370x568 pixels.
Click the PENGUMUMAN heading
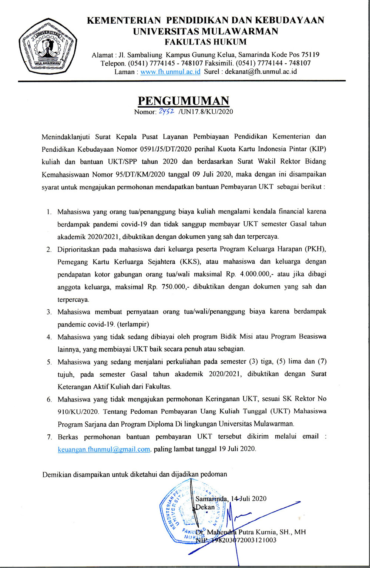[x=184, y=101]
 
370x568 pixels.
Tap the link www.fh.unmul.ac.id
[x=171, y=72]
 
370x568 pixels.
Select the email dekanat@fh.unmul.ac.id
[x=261, y=72]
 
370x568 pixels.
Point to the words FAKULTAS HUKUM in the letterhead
[x=205, y=42]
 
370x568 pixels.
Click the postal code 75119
[x=307, y=55]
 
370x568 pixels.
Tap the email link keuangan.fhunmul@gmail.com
[x=104, y=449]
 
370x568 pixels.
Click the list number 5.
[x=49, y=362]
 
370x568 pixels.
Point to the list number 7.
[x=49, y=437]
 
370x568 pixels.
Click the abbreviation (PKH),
[x=316, y=249]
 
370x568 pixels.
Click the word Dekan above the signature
[x=205, y=507]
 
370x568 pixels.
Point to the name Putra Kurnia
[x=258, y=532]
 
